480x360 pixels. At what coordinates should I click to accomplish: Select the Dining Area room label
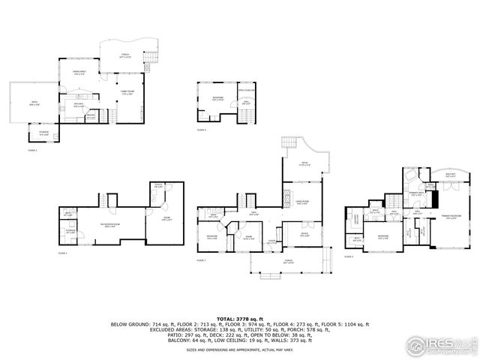[x=79, y=73]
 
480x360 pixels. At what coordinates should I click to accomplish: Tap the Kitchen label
[x=79, y=106]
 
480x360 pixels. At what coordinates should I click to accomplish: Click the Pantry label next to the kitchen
[x=91, y=116]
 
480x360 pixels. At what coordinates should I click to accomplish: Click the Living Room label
[x=302, y=202]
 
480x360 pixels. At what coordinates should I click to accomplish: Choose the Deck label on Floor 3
[x=305, y=163]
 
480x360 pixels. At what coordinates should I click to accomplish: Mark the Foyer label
[x=272, y=241]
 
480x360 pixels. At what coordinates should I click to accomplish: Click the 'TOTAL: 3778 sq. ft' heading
[x=239, y=317]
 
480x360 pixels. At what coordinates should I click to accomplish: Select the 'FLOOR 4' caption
[x=202, y=130]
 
